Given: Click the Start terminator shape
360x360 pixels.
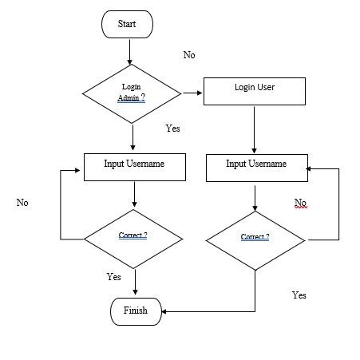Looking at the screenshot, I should (128, 24).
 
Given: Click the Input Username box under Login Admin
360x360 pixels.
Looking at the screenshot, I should (135, 165).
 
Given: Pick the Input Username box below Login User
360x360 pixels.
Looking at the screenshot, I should (256, 165).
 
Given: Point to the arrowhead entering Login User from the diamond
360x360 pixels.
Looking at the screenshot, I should (200, 93).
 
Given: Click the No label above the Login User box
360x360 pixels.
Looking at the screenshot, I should (189, 55).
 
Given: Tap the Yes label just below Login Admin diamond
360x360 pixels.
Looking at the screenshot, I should (173, 128).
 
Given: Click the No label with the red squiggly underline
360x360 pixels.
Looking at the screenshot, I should (300, 202).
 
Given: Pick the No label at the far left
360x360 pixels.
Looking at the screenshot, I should (22, 203).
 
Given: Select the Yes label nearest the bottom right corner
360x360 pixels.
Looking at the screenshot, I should (299, 295).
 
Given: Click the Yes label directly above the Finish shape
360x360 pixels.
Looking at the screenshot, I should (114, 277).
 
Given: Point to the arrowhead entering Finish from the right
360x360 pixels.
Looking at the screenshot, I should (166, 311).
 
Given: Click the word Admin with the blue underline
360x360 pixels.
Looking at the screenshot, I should (128, 97).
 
